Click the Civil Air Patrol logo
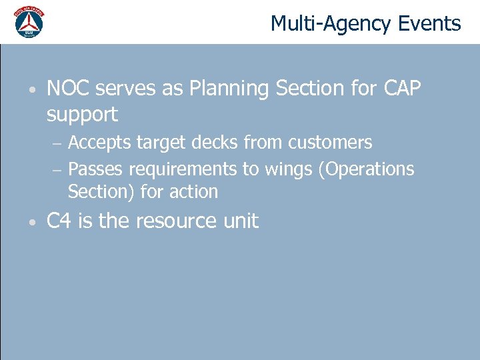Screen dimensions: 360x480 pos(29,22)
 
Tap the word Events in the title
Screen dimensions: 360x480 pos(429,24)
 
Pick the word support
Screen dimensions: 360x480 pos(82,115)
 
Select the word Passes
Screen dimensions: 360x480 pos(95,169)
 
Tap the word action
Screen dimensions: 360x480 pos(194,192)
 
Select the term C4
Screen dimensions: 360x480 pos(59,221)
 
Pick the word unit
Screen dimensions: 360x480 pos(241,221)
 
